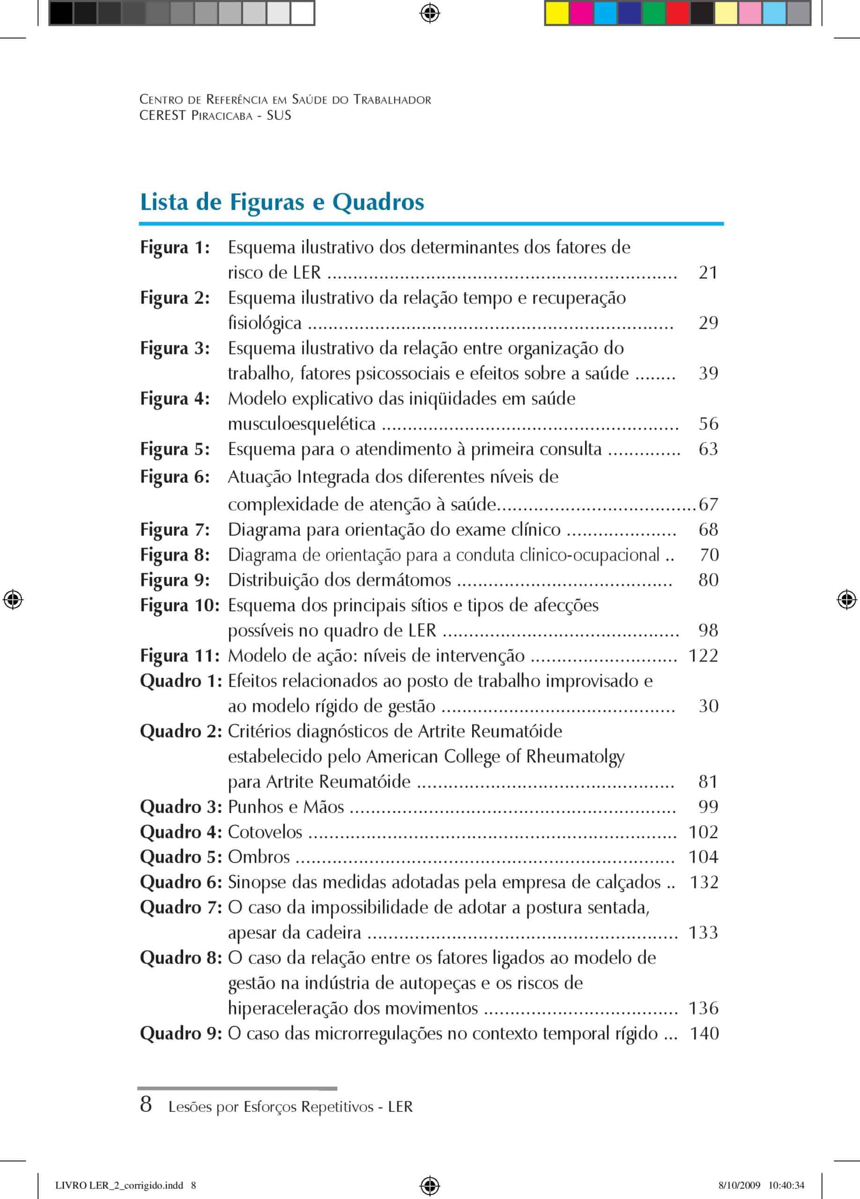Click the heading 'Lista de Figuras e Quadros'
click(282, 202)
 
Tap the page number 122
click(703, 656)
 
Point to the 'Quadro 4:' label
click(181, 832)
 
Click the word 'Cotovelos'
click(265, 832)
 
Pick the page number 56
click(708, 423)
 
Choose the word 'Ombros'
click(259, 857)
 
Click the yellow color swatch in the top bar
click(556, 13)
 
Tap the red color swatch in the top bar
click(677, 13)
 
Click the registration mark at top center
click(430, 13)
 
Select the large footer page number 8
click(146, 1104)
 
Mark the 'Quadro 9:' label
click(181, 1034)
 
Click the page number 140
click(704, 1034)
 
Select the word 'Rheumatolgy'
click(575, 757)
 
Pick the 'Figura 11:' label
click(180, 656)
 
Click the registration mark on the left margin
click(13, 600)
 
